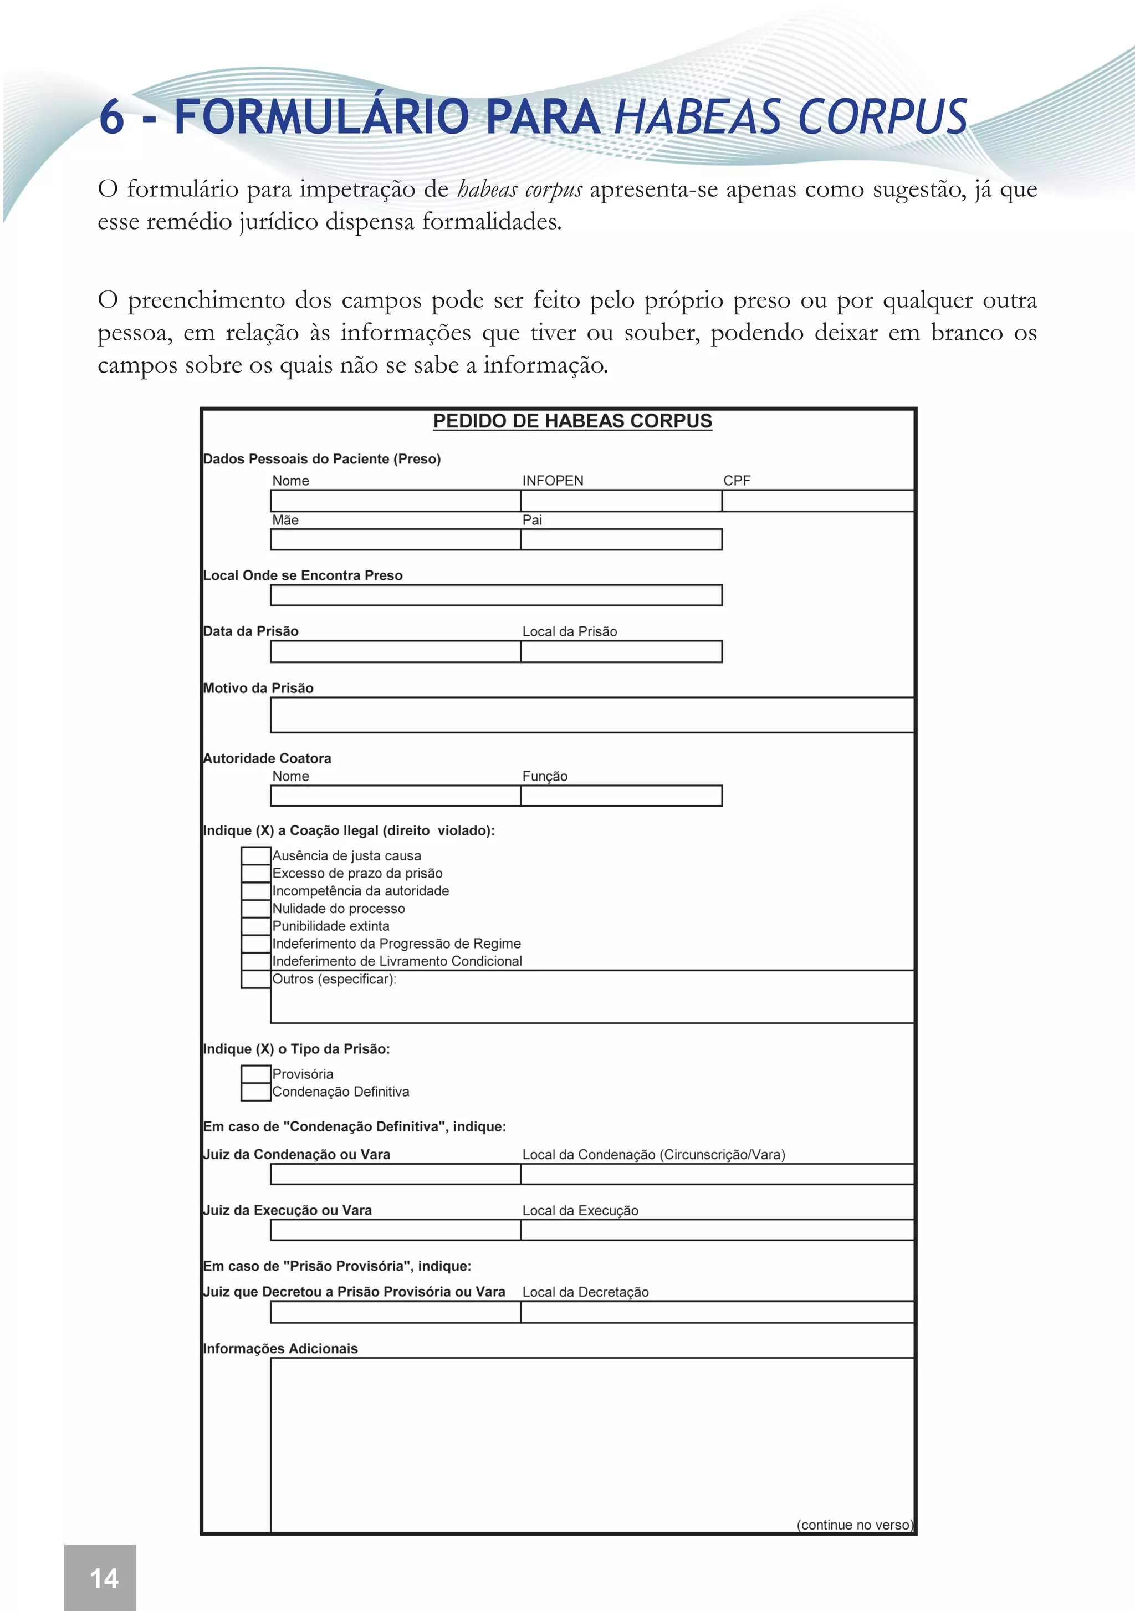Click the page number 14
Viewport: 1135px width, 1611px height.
(x=104, y=1578)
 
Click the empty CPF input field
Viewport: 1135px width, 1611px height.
(x=818, y=501)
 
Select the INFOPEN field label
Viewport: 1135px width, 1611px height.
(x=553, y=481)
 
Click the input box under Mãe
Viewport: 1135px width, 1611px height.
(x=396, y=539)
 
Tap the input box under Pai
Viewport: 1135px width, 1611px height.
(x=621, y=539)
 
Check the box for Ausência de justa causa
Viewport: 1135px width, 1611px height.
(x=256, y=855)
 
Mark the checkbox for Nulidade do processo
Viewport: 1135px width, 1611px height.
(x=256, y=909)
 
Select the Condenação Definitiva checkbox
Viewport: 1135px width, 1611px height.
(x=256, y=1092)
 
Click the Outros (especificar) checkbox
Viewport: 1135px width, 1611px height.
(x=256, y=980)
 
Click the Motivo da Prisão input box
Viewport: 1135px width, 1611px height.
(x=592, y=716)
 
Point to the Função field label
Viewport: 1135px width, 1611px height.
(x=545, y=776)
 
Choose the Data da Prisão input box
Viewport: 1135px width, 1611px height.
(x=396, y=652)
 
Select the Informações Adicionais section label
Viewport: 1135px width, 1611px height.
(x=280, y=1349)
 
